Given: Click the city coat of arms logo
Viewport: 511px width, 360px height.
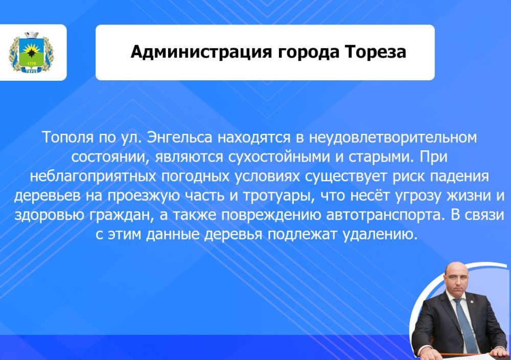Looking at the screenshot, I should (x=31, y=53).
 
